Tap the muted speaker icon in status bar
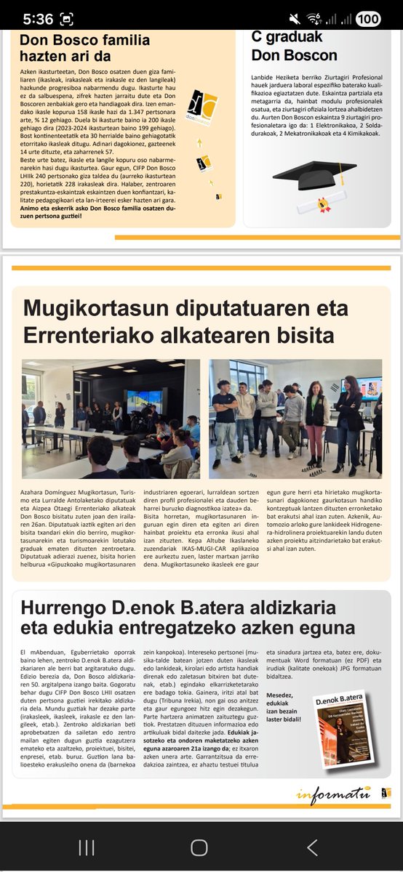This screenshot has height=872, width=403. [x=295, y=18]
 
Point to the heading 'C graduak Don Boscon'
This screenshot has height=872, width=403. [x=294, y=46]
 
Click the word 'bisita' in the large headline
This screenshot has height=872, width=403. [x=298, y=335]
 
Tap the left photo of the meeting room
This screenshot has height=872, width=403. [x=111, y=419]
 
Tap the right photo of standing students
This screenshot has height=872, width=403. [x=295, y=419]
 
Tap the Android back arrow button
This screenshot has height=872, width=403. [x=312, y=847]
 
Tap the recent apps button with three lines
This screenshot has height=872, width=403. [x=87, y=847]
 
